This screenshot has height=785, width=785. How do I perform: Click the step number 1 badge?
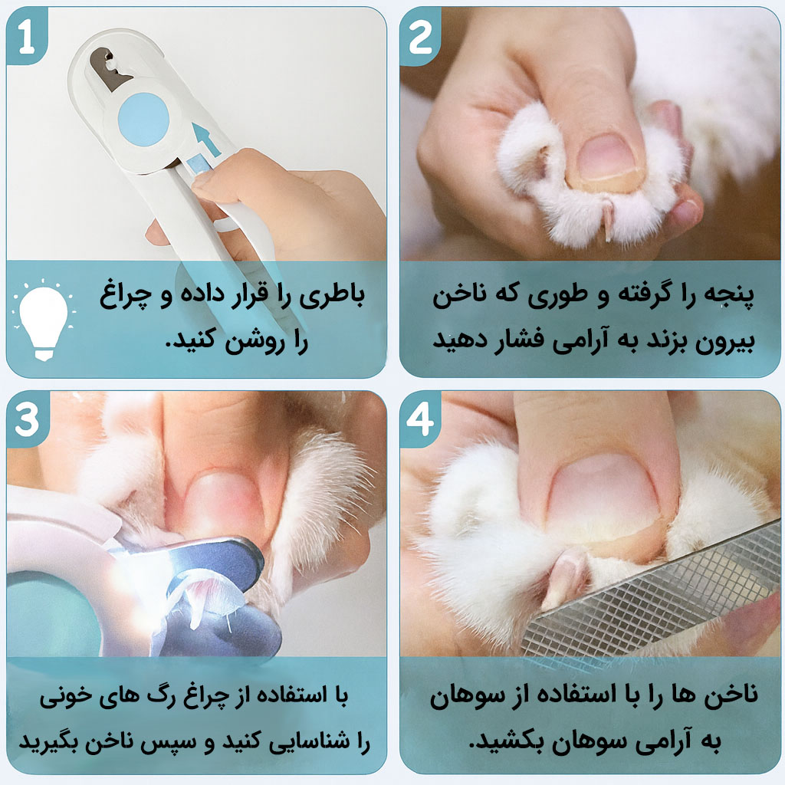pos(27,37)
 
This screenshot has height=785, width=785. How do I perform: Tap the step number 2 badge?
pos(420,38)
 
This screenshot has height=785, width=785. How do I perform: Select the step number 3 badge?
pos(27,419)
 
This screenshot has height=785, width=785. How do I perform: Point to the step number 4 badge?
pos(420,419)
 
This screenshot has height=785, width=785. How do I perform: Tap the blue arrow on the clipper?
pos(205,139)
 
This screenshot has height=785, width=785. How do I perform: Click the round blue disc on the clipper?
pos(144,120)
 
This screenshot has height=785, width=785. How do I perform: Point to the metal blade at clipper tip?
pos(110,68)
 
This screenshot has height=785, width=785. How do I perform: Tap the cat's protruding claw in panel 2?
pos(608,220)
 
